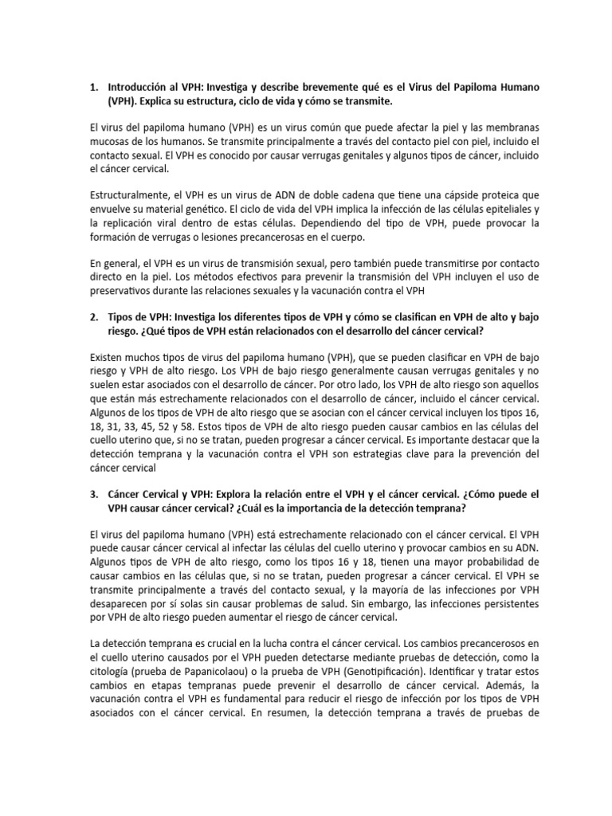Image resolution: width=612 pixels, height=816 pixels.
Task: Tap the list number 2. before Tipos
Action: point(94,317)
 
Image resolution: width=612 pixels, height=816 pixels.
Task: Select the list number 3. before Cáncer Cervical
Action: point(94,494)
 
